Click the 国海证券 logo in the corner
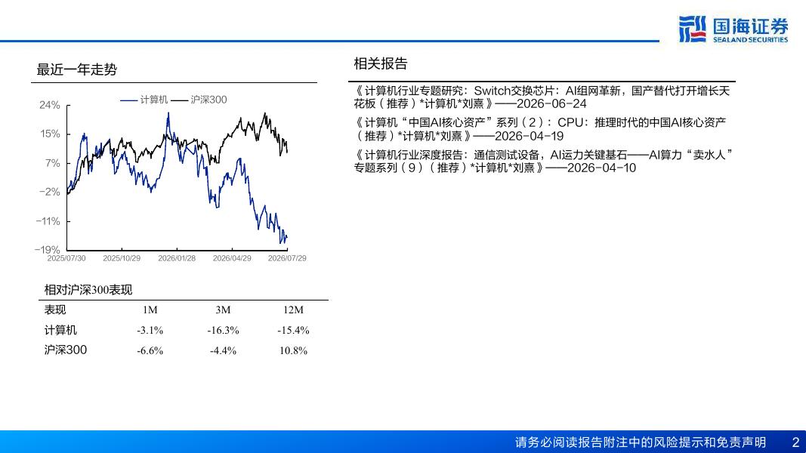coord(733,29)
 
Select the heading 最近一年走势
coord(76,69)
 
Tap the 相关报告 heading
coord(381,63)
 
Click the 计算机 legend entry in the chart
coord(144,100)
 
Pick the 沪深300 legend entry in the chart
coord(199,100)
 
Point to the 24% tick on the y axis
coord(50,105)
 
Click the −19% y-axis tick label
coord(48,250)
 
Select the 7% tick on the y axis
coord(53,163)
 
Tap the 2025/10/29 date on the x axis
coord(122,257)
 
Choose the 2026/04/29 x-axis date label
coord(232,257)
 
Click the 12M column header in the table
coord(293,310)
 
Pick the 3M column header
coord(223,310)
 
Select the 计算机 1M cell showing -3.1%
coord(150,330)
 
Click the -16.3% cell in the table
coord(223,330)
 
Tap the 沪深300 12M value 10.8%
coord(293,351)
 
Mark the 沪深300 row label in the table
coord(65,350)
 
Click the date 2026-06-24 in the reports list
coord(551,103)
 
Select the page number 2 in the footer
coord(795,442)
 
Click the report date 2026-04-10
coord(601,168)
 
